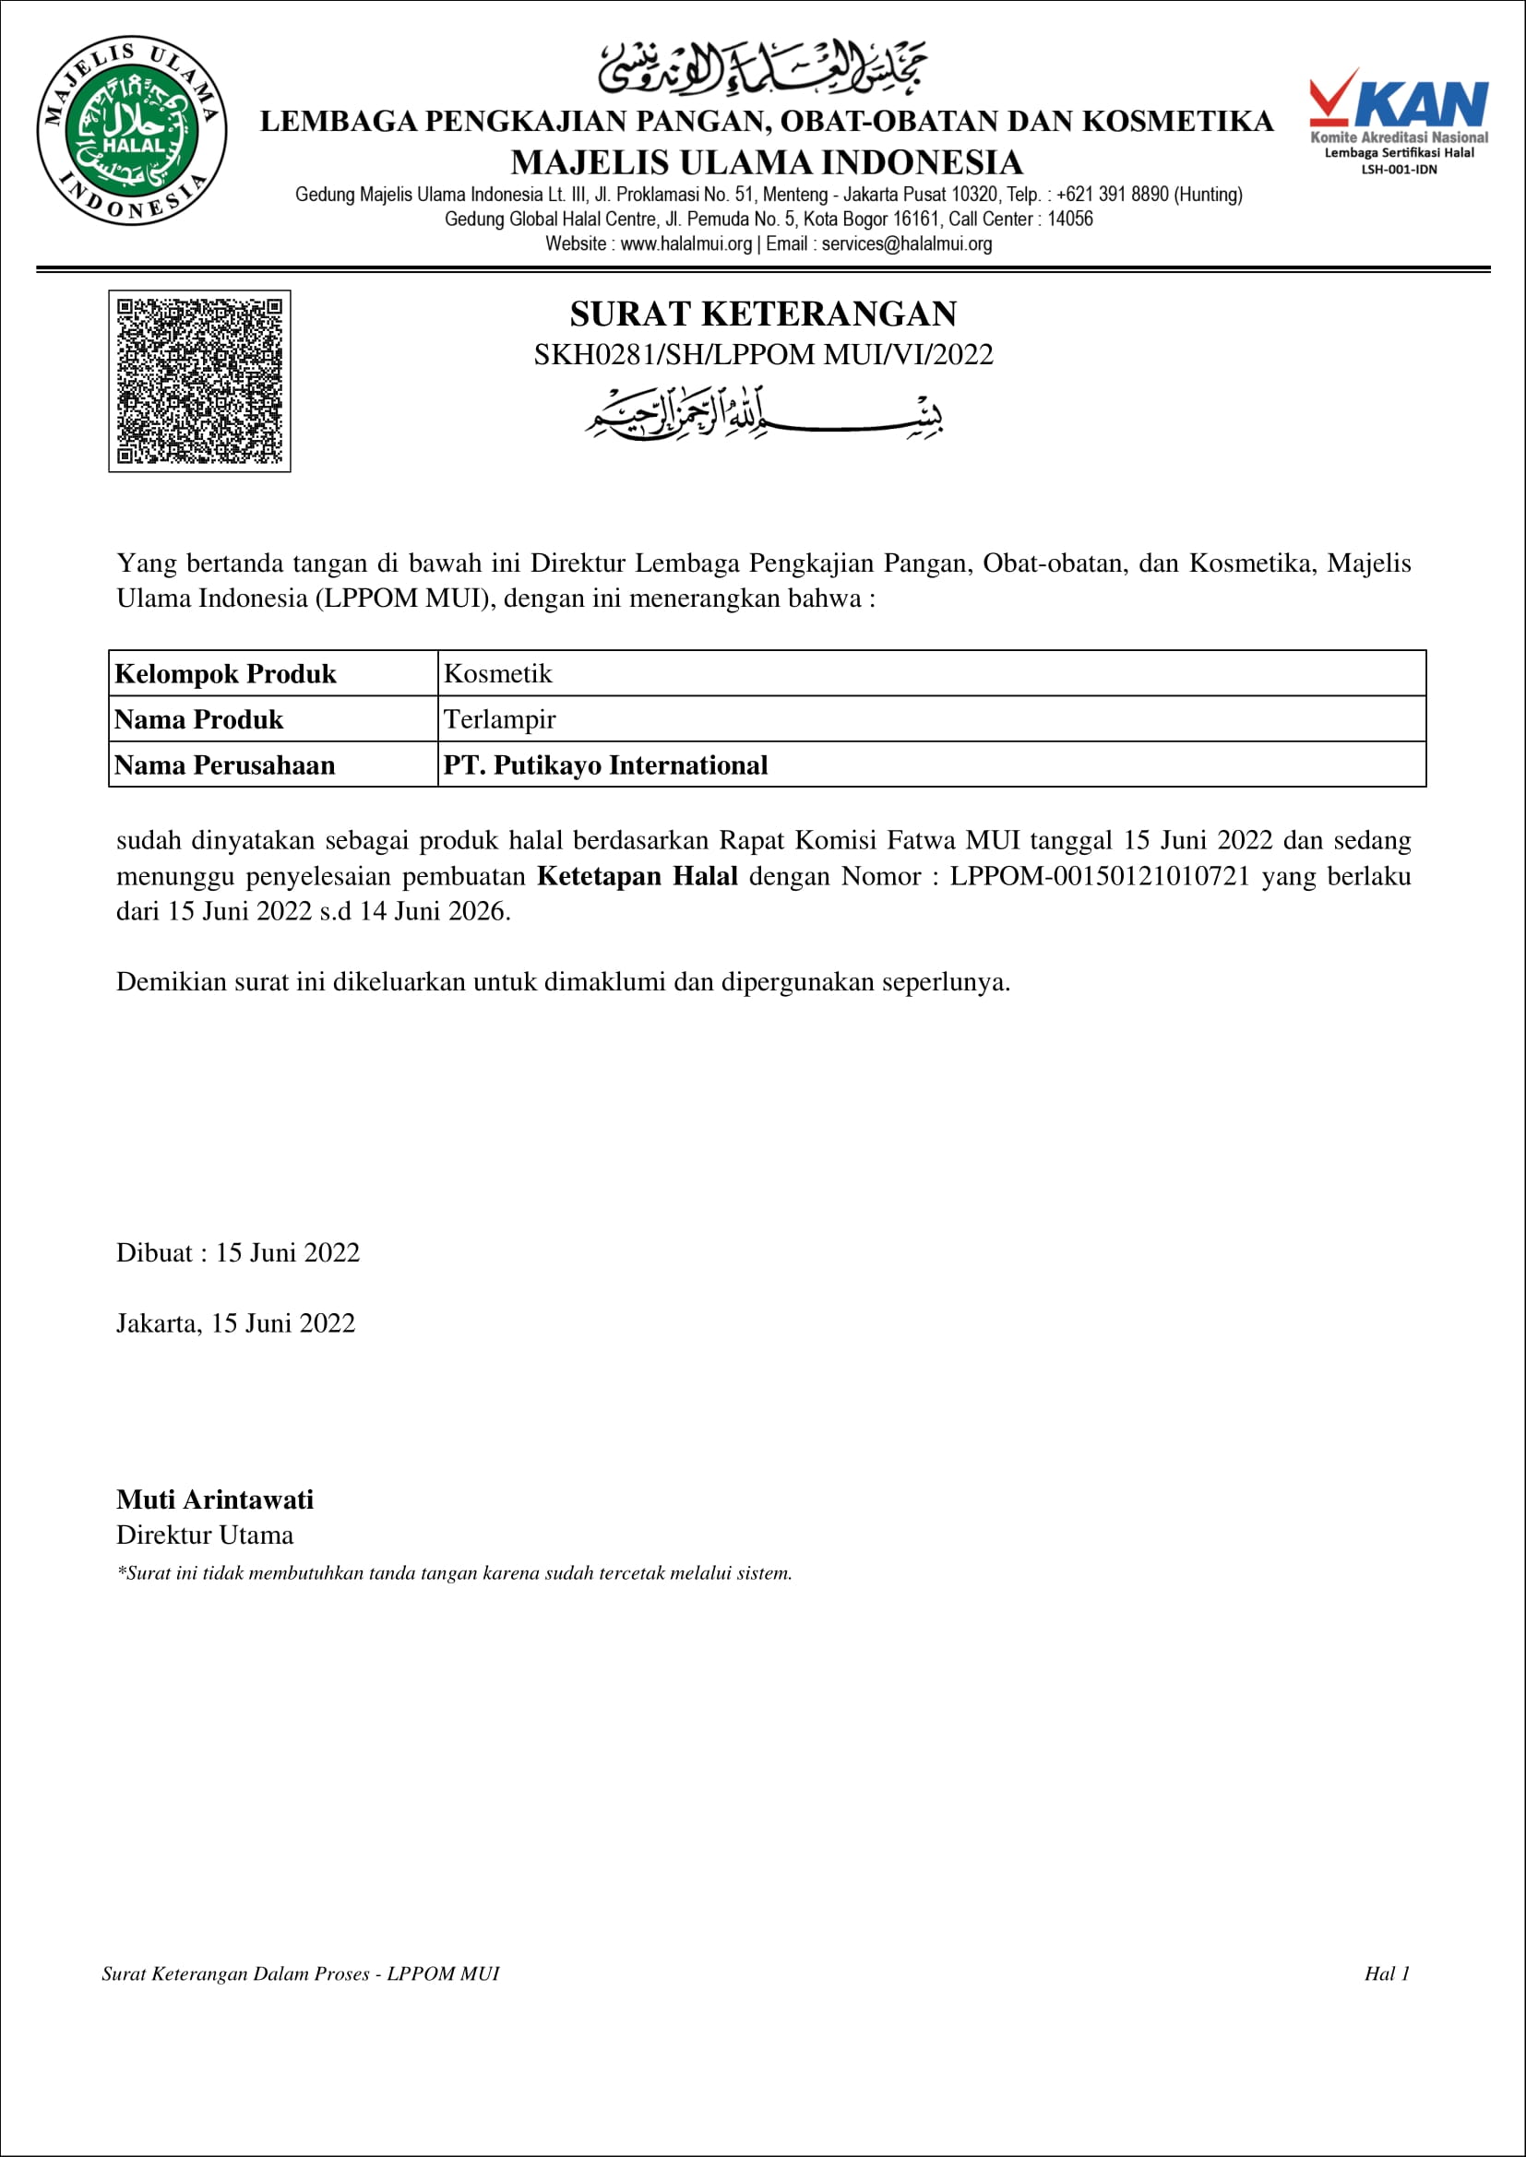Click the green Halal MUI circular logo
132,132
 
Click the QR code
199,381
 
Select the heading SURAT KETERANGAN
763,314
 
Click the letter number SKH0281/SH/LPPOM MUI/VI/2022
763,355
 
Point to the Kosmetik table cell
498,673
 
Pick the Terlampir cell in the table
500,719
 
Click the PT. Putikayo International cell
605,765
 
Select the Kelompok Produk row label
225,673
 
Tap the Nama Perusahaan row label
224,765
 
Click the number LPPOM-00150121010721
1100,875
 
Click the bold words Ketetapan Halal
638,875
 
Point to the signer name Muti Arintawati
215,1499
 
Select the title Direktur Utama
205,1535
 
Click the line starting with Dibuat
238,1252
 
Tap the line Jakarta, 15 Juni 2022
236,1322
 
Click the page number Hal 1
1387,1973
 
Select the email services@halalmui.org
907,244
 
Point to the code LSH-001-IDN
1400,170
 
